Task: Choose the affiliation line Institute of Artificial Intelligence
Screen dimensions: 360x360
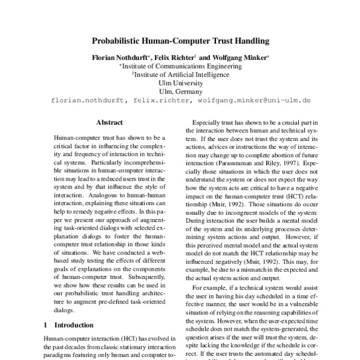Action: click(x=181, y=75)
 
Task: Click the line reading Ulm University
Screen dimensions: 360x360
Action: click(x=180, y=83)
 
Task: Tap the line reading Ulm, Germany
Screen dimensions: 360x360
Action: click(x=180, y=92)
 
